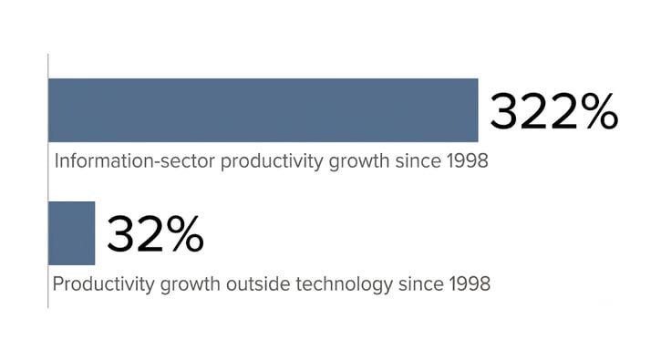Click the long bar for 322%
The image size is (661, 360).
point(263,110)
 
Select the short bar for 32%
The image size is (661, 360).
point(72,233)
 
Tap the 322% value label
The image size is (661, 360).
point(554,112)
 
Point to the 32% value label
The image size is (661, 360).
point(155,234)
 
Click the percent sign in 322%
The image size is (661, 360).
point(598,112)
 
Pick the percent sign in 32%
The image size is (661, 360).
point(184,234)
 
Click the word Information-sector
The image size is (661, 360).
point(134,161)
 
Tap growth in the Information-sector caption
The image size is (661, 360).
point(358,162)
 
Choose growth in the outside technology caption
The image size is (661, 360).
point(190,285)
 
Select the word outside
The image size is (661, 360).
point(258,283)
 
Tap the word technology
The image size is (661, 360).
point(344,285)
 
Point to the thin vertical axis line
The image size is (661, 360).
point(48,180)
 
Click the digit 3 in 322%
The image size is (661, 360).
point(504,112)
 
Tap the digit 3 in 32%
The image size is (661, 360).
point(121,234)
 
